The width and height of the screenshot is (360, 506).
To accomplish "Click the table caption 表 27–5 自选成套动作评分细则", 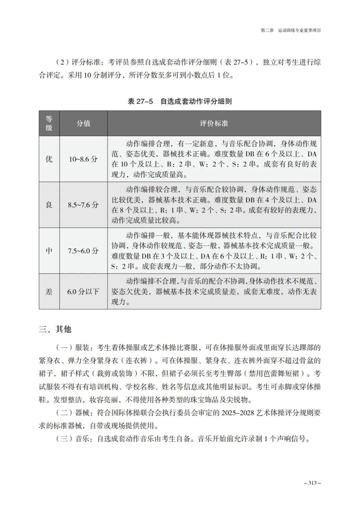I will pos(180,101).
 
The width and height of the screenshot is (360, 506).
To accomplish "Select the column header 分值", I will pos(83,123).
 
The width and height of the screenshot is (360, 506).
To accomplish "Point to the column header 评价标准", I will pos(214,123).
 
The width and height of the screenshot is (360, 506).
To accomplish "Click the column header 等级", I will pos(49,123).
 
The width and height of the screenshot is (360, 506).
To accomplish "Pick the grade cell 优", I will pos(49,159).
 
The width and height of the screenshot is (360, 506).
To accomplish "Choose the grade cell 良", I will pos(49,205).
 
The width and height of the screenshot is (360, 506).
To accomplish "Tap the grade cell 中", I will pos(49,251).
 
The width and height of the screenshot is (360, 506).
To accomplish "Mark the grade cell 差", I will pos(49,292).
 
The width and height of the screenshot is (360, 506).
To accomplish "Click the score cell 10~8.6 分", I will pos(83,159).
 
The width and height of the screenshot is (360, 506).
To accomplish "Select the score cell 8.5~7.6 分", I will pos(83,205).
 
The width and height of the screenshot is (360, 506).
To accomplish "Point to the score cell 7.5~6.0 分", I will pos(83,251).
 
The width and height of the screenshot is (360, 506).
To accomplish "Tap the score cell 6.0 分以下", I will pos(83,292).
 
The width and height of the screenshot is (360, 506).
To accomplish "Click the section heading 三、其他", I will pos(55,329).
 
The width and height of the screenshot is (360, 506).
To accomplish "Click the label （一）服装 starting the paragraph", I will pos(73,348).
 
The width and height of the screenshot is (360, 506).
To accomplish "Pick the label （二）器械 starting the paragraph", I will pos(73,413).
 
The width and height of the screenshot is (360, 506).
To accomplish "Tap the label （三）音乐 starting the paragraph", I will pos(73,439).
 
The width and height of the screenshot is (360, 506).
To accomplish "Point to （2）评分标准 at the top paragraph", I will pos(77,62).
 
